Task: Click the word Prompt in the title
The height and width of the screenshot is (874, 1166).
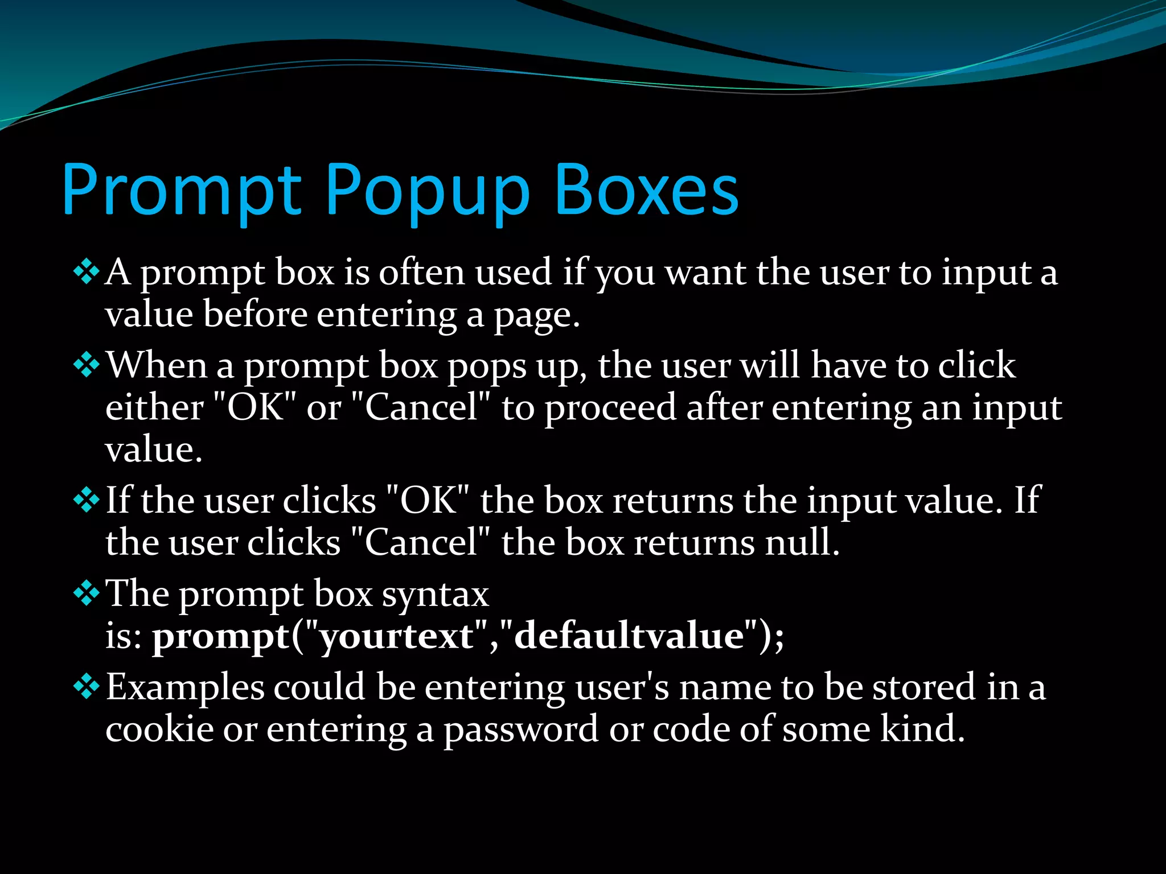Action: pos(181,191)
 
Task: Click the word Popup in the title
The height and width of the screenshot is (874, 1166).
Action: pos(427,191)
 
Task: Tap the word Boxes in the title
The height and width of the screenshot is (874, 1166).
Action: pos(646,191)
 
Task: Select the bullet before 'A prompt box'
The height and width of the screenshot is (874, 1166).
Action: pos(87,273)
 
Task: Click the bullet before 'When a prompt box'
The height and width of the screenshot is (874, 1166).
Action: pos(87,365)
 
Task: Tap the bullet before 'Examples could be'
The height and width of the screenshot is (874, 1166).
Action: pos(87,687)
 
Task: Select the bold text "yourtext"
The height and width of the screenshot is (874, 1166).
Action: pos(396,636)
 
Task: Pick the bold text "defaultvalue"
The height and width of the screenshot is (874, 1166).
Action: pos(629,636)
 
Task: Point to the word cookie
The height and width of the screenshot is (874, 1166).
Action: pos(159,729)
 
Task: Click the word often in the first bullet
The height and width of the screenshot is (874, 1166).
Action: pos(422,273)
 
